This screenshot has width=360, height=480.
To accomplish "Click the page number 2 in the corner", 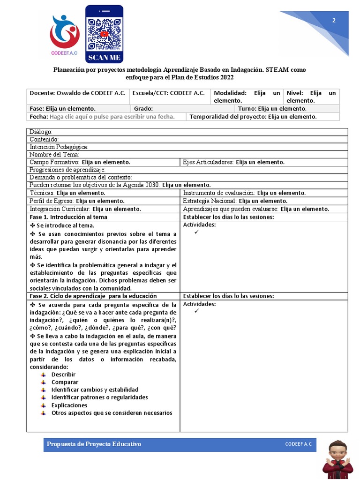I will pyautogui.click(x=334, y=20).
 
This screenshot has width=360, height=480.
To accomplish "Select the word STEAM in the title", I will pyautogui.click(x=277, y=70).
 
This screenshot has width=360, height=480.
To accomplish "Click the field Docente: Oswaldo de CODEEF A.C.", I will pyautogui.click(x=77, y=93).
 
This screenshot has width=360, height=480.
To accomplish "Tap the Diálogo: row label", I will pyautogui.click(x=41, y=132).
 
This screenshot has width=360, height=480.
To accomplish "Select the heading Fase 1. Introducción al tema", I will pyautogui.click(x=68, y=217).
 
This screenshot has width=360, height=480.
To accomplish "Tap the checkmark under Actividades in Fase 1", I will pyautogui.click(x=196, y=232).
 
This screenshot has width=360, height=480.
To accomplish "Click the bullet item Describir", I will pyautogui.click(x=63, y=375).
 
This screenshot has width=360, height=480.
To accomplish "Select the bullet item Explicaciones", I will pyautogui.click(x=69, y=405).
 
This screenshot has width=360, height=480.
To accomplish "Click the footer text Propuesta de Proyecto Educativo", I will pyautogui.click(x=94, y=444).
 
